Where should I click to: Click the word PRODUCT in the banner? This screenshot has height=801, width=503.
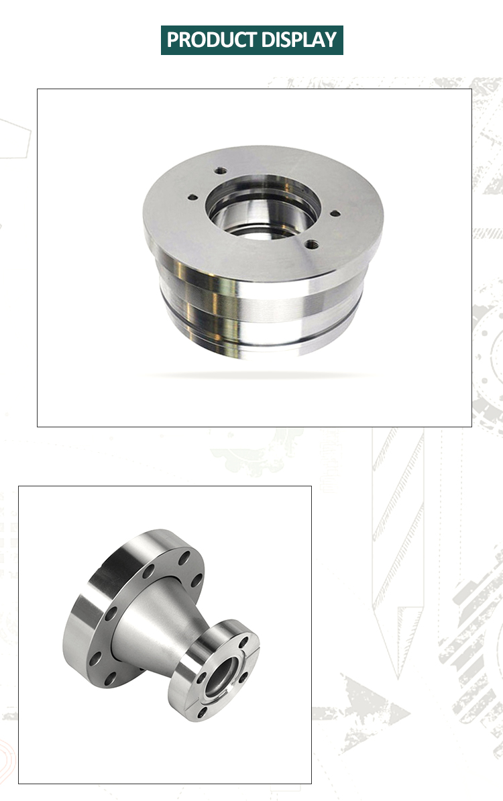(211, 40)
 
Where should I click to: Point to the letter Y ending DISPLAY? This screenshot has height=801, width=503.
(331, 40)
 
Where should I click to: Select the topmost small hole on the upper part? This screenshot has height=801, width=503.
(221, 170)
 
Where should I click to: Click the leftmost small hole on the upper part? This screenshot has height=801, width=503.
(192, 197)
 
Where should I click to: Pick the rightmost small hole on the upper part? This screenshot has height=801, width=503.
(335, 213)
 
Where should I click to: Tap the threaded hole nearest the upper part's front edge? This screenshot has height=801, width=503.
(312, 245)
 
